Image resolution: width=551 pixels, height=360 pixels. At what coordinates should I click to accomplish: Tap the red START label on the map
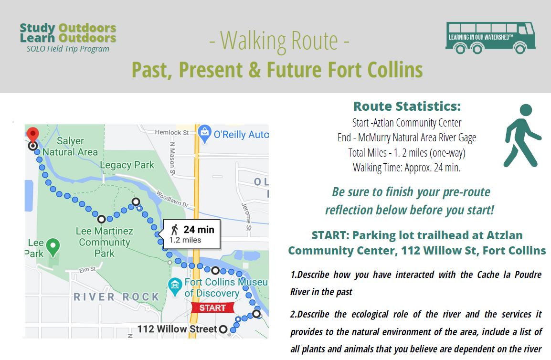coord(212,308)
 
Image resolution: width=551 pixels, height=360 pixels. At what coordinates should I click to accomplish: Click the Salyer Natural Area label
coord(70,146)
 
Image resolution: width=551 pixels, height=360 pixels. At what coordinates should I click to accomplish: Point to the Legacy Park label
coord(127,165)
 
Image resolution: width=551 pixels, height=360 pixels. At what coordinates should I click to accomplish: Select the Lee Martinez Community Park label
coord(105,242)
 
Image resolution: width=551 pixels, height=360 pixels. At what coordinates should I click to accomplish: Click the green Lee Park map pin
coord(53,247)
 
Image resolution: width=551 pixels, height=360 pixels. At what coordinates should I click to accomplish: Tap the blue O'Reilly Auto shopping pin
coord(204,134)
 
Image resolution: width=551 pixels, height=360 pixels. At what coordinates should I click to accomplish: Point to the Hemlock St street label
coord(172,132)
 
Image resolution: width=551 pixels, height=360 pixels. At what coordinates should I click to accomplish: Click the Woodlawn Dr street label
coord(172,199)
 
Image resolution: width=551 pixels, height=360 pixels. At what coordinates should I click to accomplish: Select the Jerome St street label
coord(246,217)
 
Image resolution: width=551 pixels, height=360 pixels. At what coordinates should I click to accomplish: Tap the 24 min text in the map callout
coord(199,230)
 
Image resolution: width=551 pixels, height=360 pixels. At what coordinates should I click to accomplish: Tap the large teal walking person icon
coord(522,136)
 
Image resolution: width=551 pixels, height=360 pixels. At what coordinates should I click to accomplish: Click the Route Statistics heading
coord(407,106)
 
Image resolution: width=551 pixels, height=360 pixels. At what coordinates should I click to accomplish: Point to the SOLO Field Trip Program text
coord(68,49)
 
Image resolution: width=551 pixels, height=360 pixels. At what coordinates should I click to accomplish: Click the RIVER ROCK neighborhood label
coord(117,297)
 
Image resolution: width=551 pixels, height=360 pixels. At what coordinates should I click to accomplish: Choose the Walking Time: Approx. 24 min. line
coord(407,168)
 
